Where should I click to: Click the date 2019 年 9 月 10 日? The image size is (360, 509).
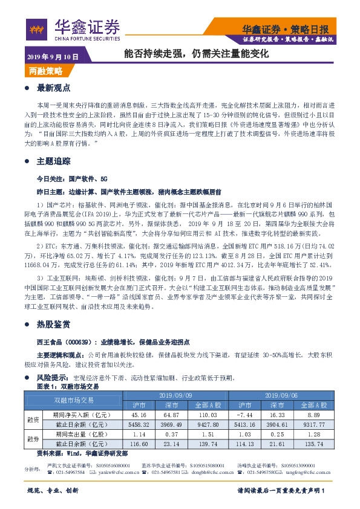coord(53,57)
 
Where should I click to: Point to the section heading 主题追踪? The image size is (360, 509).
coord(54,161)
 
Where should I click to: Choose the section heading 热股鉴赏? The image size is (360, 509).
coord(54,324)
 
